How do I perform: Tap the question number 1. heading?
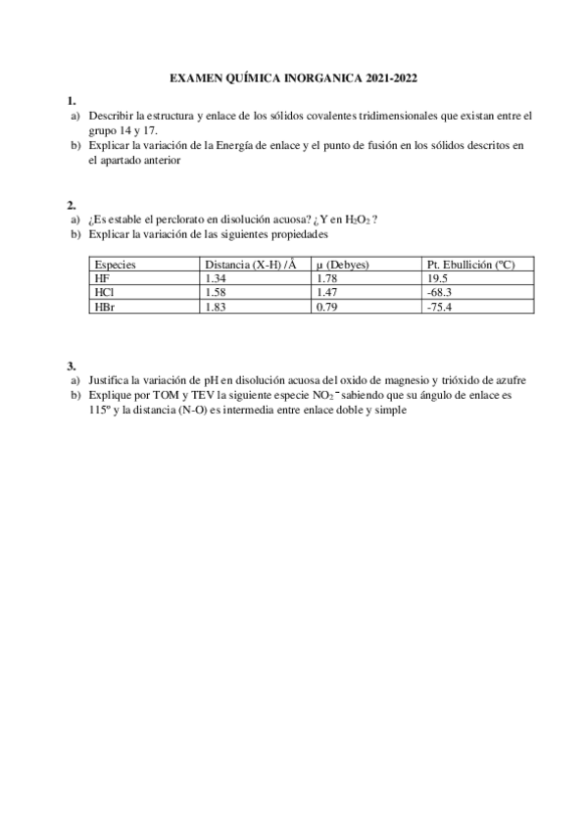72,101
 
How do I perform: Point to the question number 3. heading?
72,366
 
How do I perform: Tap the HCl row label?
103,293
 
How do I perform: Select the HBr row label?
103,307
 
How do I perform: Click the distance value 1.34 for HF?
217,279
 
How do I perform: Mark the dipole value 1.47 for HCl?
328,293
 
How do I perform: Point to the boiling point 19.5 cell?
438,279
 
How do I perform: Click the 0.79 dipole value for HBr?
328,307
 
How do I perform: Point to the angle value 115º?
99,411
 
